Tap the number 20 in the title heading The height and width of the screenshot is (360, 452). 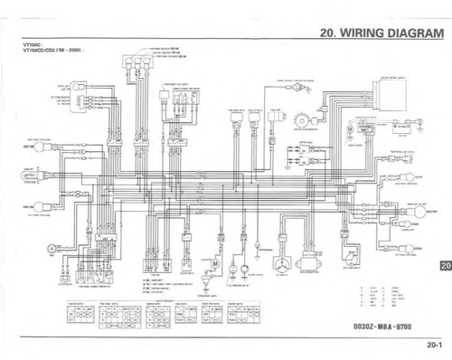[x=327, y=33]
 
